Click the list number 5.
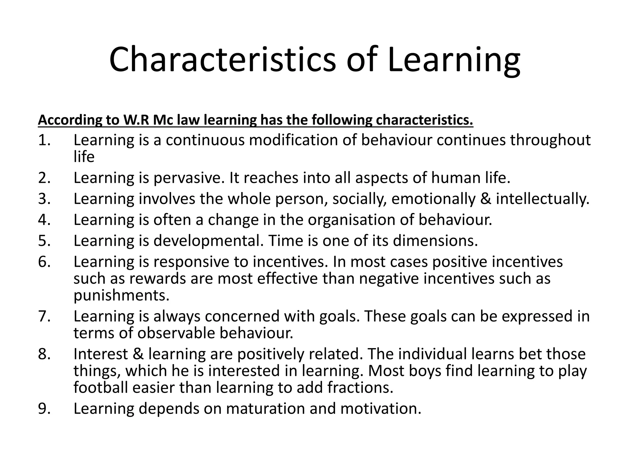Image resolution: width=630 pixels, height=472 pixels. point(44,240)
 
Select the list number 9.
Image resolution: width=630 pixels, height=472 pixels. point(44,408)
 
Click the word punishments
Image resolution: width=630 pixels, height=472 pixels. point(122,295)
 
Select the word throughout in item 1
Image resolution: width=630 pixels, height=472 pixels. point(550,140)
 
